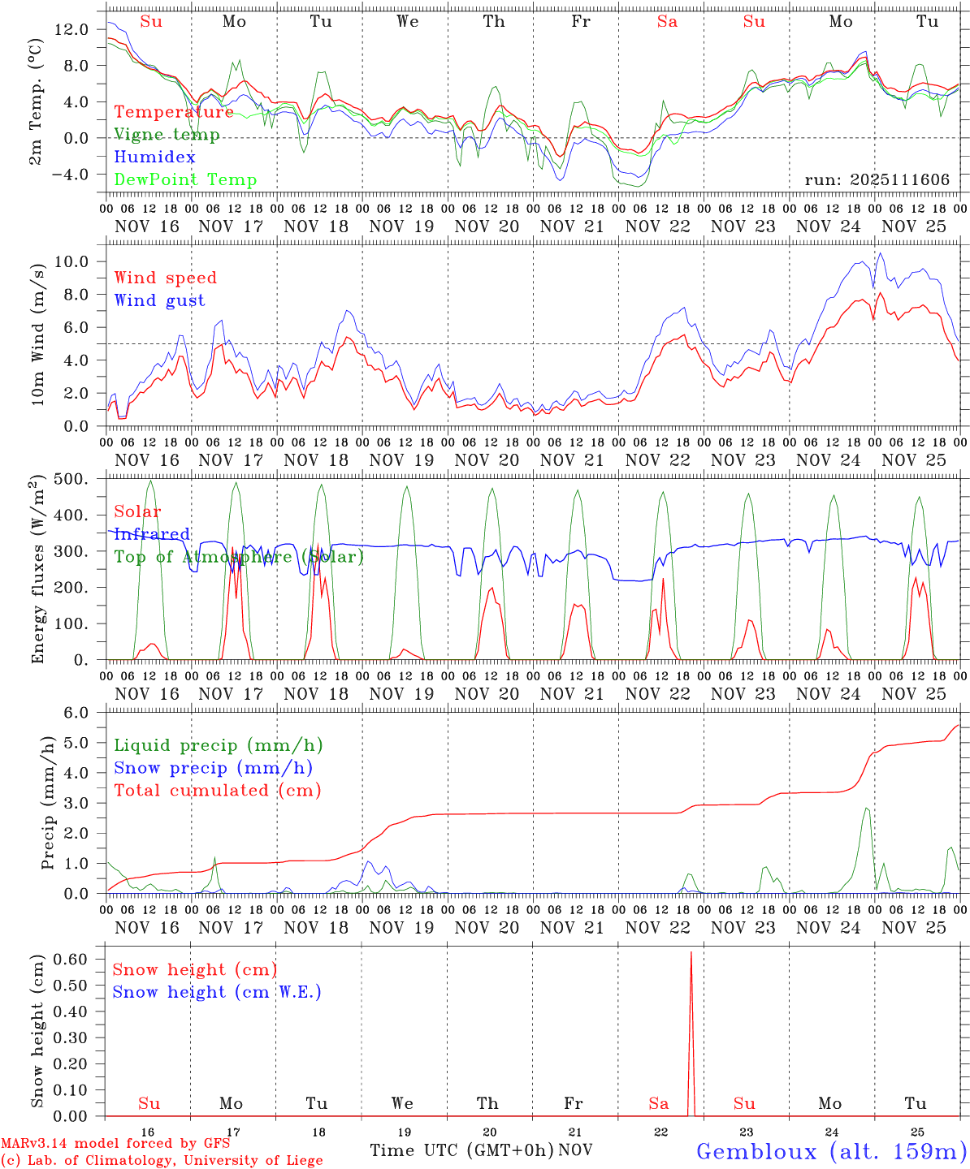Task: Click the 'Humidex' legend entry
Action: [x=154, y=157]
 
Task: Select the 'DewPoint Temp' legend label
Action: [x=185, y=179]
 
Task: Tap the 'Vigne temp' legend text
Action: [x=167, y=134]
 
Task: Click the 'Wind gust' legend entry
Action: [x=159, y=300]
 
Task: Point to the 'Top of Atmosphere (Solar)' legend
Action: [x=239, y=557]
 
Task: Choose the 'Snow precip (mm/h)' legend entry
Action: [x=214, y=767]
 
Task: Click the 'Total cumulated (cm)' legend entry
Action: [x=218, y=790]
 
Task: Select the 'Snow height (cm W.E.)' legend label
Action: [x=217, y=992]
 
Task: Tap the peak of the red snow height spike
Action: [x=691, y=951]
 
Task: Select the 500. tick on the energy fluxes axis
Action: [x=71, y=479]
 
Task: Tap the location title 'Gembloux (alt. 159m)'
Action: [x=830, y=1150]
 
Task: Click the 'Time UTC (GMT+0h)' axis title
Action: [x=461, y=1150]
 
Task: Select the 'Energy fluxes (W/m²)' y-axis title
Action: [x=37, y=572]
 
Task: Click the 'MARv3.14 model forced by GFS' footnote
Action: [x=115, y=1143]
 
